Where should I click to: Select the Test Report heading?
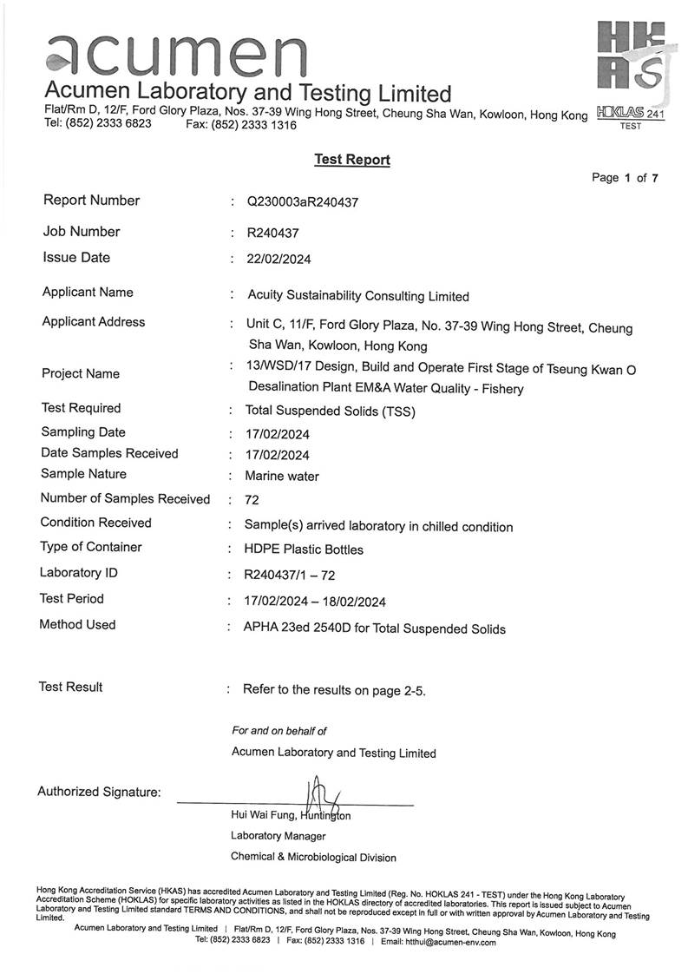[x=351, y=160]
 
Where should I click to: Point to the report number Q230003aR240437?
[x=303, y=202]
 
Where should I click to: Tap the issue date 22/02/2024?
[x=279, y=259]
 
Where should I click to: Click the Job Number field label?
[x=82, y=232]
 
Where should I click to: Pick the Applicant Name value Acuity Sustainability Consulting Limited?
[x=358, y=296]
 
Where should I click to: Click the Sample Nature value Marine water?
[x=282, y=476]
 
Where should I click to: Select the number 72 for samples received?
[x=252, y=500]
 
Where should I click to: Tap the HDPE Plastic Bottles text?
[x=304, y=550]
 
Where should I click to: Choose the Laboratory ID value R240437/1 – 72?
[x=290, y=575]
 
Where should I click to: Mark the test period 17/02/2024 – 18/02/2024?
[x=315, y=602]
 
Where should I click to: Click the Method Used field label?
[x=77, y=624]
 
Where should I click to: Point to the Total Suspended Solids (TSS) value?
[x=331, y=411]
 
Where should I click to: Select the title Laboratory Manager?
[x=278, y=836]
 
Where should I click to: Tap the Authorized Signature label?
[x=99, y=792]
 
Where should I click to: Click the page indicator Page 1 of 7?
[x=625, y=178]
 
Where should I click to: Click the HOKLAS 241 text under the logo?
[x=631, y=114]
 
